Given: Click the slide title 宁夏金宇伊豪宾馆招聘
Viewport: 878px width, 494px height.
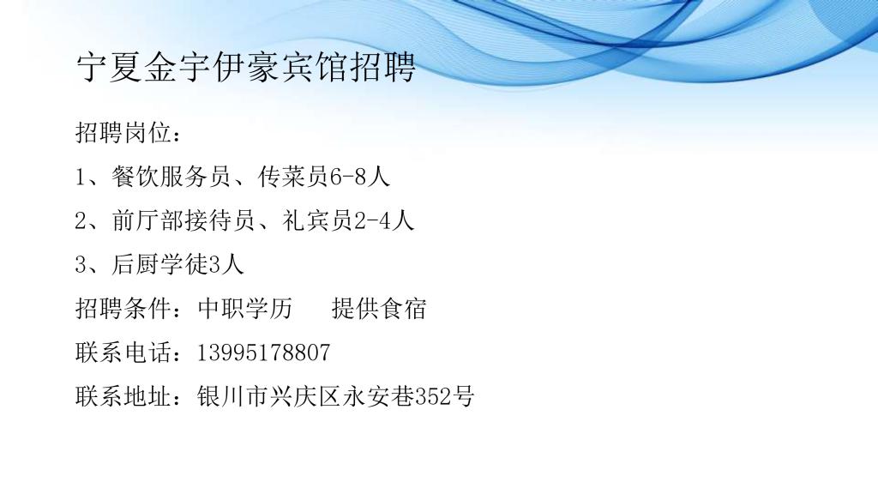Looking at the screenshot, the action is (246, 68).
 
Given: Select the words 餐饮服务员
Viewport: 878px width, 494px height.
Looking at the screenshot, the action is (171, 177).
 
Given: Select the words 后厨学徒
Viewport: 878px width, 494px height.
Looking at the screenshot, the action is (159, 264).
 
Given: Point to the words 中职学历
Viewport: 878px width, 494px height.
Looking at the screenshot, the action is (244, 309).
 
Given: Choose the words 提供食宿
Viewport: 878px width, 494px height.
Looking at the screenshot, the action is (378, 309).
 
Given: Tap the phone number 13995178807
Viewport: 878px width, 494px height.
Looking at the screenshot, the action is (263, 352).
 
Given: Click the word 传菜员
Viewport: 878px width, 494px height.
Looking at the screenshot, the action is (293, 177).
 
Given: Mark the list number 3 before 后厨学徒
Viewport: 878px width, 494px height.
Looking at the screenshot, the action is (81, 265).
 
